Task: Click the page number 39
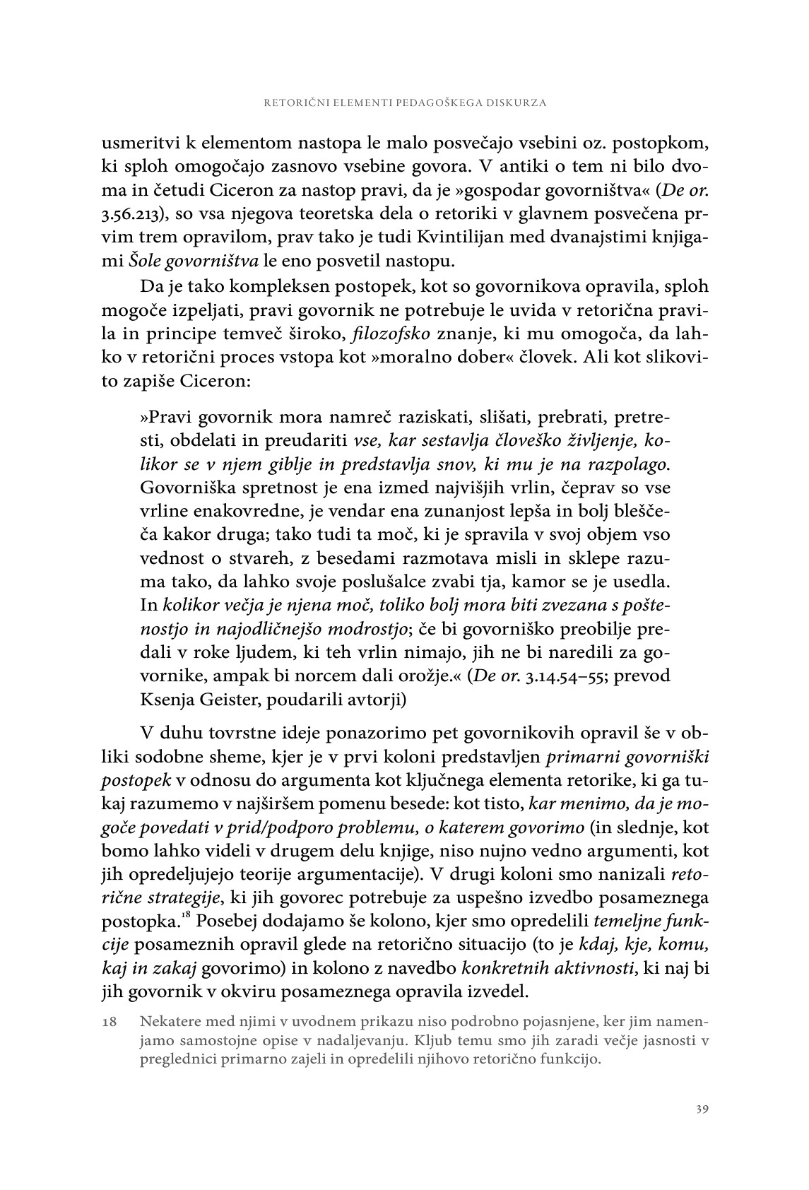point(702,1108)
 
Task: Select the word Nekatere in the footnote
point(170,1022)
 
